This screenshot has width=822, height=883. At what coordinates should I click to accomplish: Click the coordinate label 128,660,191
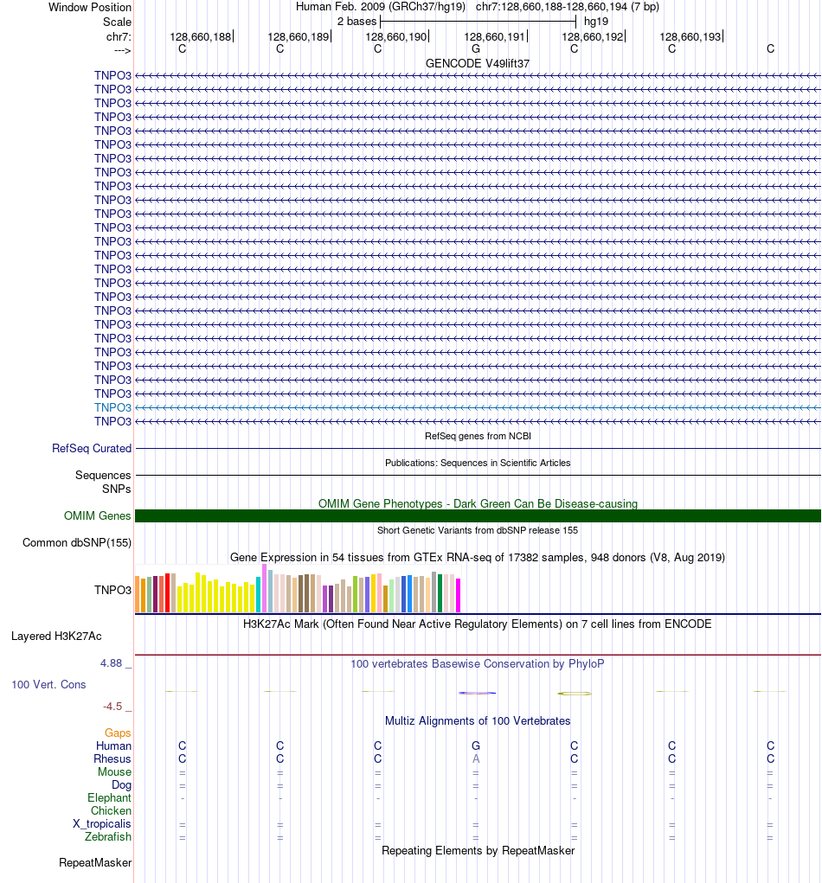pos(495,36)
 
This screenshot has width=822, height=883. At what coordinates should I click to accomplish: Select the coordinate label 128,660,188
pos(201,36)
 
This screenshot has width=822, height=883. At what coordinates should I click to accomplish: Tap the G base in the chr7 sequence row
pos(476,49)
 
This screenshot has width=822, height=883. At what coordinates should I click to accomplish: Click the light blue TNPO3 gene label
pos(112,407)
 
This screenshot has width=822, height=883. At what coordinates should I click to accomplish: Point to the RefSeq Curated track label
pos(92,449)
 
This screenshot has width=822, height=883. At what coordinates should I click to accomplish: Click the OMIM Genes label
pos(98,516)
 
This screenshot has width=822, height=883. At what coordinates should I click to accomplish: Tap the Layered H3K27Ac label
pos(56,637)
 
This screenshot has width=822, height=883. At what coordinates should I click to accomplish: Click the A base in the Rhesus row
pos(476,759)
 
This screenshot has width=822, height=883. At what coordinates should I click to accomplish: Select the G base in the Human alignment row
pos(476,746)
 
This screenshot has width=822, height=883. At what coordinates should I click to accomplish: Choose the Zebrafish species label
pos(108,837)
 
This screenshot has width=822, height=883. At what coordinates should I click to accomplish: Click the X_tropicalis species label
pos(102,824)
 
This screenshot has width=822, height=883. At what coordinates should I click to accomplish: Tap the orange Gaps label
pos(118,733)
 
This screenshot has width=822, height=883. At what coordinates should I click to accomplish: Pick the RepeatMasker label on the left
pos(95,863)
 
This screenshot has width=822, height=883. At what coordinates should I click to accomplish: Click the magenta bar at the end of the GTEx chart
pos(459,595)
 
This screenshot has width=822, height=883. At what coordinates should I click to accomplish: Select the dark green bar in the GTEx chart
pos(440,593)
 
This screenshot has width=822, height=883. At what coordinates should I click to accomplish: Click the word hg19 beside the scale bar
pos(596,20)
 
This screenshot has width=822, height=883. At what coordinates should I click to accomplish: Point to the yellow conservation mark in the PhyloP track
pos(575,694)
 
